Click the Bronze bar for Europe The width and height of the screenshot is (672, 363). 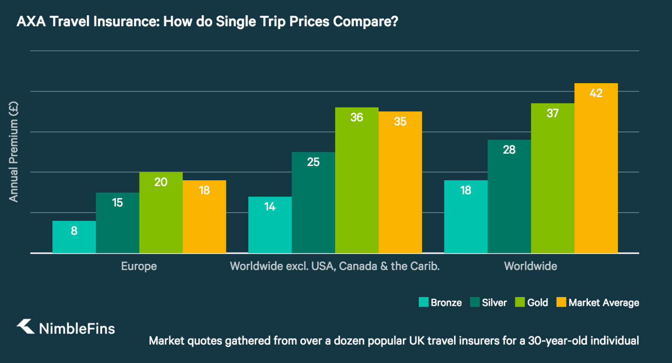pyautogui.click(x=74, y=237)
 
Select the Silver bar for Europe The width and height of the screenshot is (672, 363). pyautogui.click(x=118, y=223)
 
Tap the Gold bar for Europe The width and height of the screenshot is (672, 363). pyautogui.click(x=161, y=213)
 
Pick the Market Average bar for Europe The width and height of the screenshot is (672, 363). pyautogui.click(x=205, y=217)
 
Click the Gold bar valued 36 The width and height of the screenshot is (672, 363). pyautogui.click(x=357, y=180)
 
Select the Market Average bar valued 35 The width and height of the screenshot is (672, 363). pyautogui.click(x=400, y=182)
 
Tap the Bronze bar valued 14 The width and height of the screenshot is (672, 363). pyautogui.click(x=270, y=225)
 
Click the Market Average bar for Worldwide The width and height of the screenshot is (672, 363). pyautogui.click(x=596, y=168)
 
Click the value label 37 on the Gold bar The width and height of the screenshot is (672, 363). pyautogui.click(x=552, y=113)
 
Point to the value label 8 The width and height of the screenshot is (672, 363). pyautogui.click(x=74, y=231)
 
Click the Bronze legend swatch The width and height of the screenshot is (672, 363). pyautogui.click(x=423, y=302)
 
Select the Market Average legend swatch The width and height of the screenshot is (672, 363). pyautogui.click(x=561, y=302)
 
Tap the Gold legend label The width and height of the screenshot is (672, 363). pyautogui.click(x=538, y=302)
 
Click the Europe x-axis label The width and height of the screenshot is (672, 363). pyautogui.click(x=139, y=266)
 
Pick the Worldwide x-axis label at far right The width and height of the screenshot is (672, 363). pyautogui.click(x=530, y=266)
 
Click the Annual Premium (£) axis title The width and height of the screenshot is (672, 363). pyautogui.click(x=13, y=152)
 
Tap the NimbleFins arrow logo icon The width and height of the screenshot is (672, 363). pyautogui.click(x=26, y=326)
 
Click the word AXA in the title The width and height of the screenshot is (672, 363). pyautogui.click(x=31, y=21)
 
